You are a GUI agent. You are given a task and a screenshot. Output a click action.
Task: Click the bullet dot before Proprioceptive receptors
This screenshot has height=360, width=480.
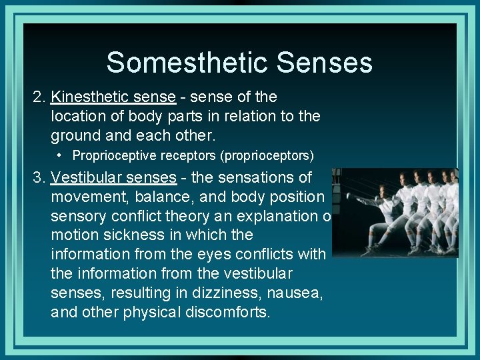coord(60,155)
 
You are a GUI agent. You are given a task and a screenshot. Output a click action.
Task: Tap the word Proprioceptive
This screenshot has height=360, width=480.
coord(111,155)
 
